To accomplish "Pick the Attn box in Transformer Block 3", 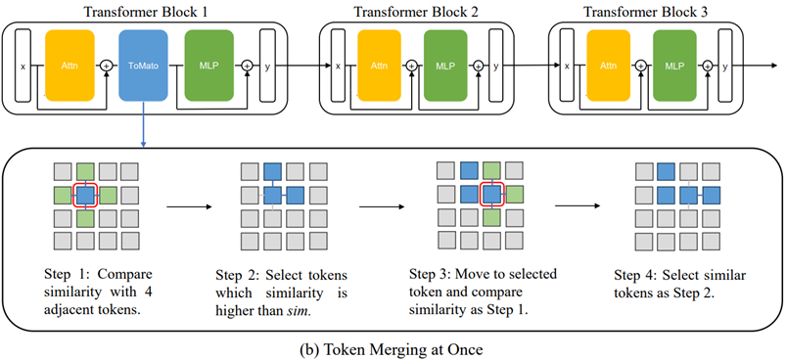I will point(606,66).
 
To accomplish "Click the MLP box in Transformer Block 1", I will point(208,65).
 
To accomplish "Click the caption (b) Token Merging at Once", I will point(393,347).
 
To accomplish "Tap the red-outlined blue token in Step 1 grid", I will point(86,195).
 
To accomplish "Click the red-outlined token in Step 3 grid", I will point(492,194).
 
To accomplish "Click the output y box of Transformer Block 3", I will point(724,66).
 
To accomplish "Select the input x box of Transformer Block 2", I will point(339,66).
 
